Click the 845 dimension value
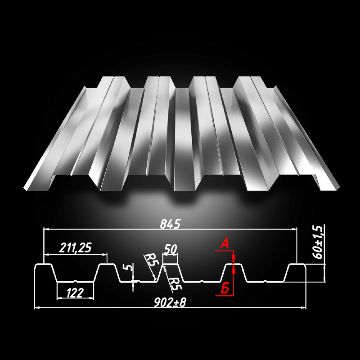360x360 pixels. (x=170, y=224)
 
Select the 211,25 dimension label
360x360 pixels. (x=75, y=248)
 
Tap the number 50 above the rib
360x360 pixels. (x=170, y=249)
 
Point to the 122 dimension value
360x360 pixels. (x=74, y=293)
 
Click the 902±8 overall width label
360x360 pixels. (x=170, y=302)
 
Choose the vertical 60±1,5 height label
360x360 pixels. (x=318, y=242)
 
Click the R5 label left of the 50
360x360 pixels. (x=151, y=259)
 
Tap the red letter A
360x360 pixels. (x=225, y=245)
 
